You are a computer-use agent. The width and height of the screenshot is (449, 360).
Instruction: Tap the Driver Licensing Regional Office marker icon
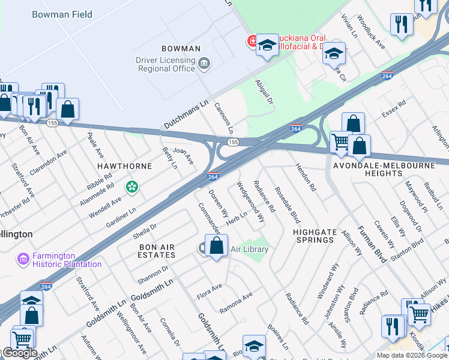point(204,63)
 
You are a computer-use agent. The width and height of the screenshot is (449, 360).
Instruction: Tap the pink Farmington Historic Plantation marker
point(23,259)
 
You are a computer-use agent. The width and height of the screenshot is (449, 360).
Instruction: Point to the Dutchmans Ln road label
point(185,114)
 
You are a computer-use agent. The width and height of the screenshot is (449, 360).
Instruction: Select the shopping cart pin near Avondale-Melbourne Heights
point(340,143)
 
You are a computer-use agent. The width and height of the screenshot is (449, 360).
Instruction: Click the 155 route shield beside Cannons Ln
point(233,142)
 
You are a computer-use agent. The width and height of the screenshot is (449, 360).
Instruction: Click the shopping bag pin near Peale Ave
point(68,110)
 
